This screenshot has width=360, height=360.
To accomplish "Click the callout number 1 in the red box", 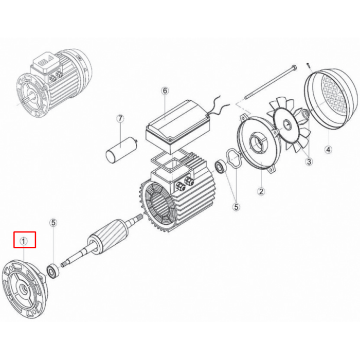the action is click(x=24, y=241).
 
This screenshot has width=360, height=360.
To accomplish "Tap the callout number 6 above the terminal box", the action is click(x=165, y=91).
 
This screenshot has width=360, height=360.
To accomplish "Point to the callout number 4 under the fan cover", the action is click(x=328, y=150).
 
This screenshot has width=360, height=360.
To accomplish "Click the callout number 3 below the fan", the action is click(x=309, y=161).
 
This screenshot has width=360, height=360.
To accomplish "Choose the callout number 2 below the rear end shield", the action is click(x=261, y=191).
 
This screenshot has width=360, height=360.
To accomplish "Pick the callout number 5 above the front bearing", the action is click(x=53, y=223).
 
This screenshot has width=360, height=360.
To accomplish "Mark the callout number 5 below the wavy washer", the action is click(x=236, y=207).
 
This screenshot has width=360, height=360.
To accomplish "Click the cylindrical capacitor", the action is click(x=121, y=148).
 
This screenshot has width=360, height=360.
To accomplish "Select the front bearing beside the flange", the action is click(x=53, y=272).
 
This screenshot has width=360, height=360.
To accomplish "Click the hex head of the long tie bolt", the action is click(x=294, y=68).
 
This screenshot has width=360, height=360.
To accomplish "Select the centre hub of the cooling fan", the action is click(x=287, y=125).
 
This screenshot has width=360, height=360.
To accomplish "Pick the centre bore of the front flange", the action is click(x=24, y=289).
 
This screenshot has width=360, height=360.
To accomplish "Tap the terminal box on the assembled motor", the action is click(x=46, y=65).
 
